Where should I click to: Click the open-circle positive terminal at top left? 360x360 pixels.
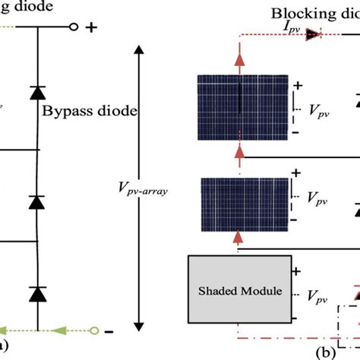(x=74, y=28)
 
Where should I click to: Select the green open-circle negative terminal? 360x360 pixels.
(x=94, y=330)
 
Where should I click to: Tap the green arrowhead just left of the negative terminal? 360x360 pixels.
(x=57, y=330)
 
